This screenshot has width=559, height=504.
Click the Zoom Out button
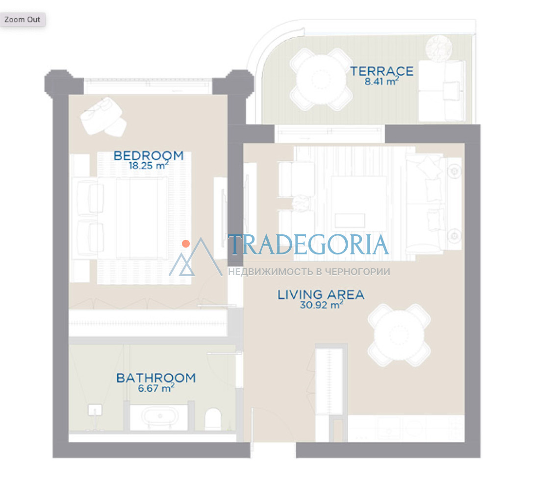pyautogui.click(x=22, y=20)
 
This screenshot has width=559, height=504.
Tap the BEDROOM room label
pyautogui.click(x=149, y=156)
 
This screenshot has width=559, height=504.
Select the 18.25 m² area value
pyautogui.click(x=148, y=165)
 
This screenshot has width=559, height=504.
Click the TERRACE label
pyautogui.click(x=382, y=71)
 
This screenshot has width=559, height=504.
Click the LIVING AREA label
pyautogui.click(x=321, y=295)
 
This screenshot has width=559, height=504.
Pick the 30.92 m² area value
pyautogui.click(x=322, y=305)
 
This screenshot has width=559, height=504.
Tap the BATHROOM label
pyautogui.click(x=156, y=378)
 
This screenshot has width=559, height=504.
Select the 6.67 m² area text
pyautogui.click(x=156, y=388)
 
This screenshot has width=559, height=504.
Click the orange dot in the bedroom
pyautogui.click(x=186, y=244)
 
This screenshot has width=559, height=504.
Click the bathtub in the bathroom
pyautogui.click(x=159, y=417)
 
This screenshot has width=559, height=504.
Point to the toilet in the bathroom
pyautogui.click(x=213, y=419)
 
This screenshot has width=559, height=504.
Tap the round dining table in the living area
pyautogui.click(x=399, y=335)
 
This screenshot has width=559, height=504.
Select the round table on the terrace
pyautogui.click(x=321, y=79)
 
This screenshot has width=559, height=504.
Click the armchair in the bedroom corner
pyautogui.click(x=102, y=116)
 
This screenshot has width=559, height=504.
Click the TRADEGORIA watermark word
pyautogui.click(x=309, y=245)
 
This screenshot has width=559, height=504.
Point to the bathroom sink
pyautogui.click(x=95, y=410)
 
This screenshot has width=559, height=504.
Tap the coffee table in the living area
pyautogui.click(x=358, y=203)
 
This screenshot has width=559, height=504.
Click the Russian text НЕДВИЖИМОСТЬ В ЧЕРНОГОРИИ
pyautogui.click(x=309, y=272)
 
